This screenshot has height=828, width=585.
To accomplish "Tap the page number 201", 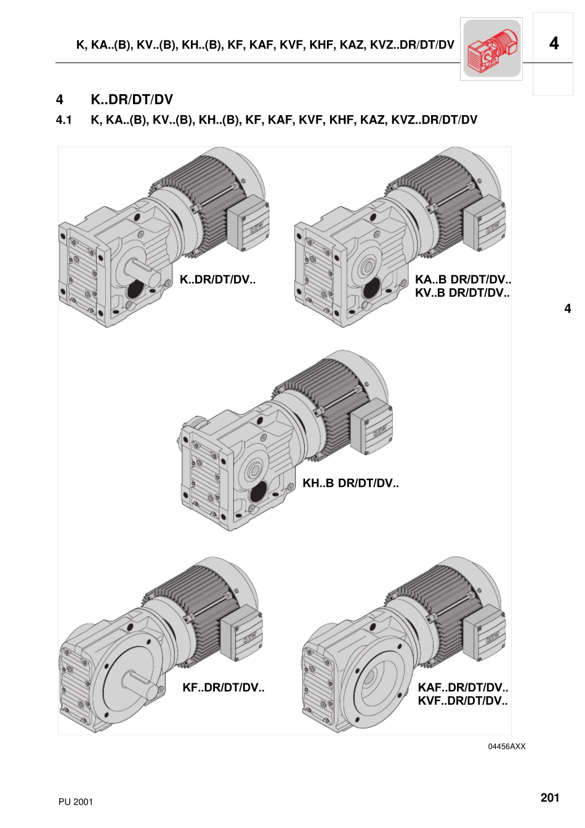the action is [549, 797].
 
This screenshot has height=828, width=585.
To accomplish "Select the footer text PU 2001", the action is [76, 802].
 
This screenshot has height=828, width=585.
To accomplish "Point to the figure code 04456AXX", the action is [507, 746].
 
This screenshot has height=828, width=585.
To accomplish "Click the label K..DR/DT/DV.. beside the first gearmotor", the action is [217, 279].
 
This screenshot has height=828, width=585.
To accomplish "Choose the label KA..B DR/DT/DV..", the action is [463, 279].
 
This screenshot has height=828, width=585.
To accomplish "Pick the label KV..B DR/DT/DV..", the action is [462, 293].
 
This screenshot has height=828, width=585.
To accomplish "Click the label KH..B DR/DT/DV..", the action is [350, 483].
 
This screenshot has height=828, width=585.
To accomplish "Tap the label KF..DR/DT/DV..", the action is [224, 688].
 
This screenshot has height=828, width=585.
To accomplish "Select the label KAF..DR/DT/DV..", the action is [463, 688].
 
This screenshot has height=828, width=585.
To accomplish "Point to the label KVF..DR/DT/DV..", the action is [462, 701].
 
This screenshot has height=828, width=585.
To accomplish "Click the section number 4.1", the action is [63, 120].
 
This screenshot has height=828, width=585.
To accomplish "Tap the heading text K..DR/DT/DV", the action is [132, 100].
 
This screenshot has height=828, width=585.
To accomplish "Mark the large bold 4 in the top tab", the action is [554, 44].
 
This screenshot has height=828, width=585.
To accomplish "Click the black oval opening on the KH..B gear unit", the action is [259, 491].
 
